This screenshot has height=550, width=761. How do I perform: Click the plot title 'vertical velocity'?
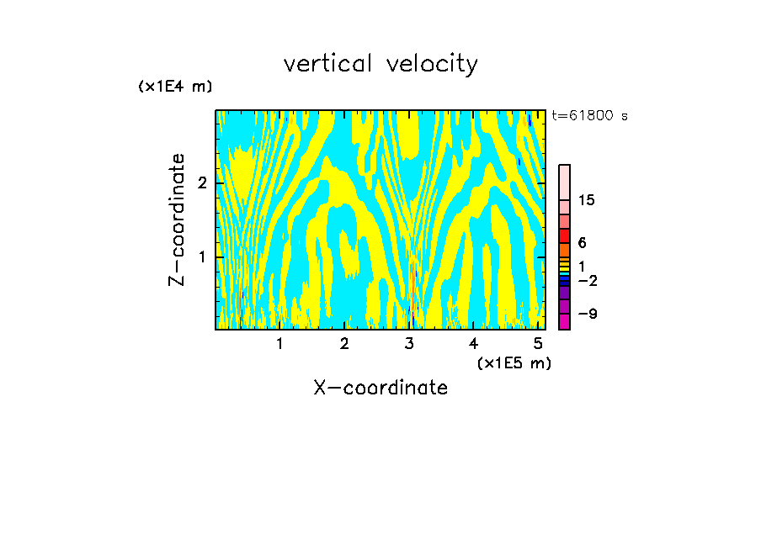click(x=380, y=64)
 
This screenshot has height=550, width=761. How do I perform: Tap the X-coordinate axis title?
click(x=380, y=388)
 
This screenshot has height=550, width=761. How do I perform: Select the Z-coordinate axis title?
click(x=177, y=219)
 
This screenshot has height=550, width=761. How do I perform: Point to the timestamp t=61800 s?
click(x=589, y=116)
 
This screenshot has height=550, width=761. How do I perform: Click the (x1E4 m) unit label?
click(x=175, y=87)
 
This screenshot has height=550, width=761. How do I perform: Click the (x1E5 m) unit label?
click(x=514, y=362)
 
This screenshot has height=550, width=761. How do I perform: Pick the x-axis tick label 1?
click(x=280, y=343)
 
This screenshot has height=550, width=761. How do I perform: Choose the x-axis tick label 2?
click(x=344, y=343)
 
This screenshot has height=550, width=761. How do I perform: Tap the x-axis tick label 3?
click(x=409, y=343)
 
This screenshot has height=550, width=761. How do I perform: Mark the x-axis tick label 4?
click(x=474, y=343)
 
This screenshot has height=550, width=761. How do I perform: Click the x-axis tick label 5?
click(x=538, y=343)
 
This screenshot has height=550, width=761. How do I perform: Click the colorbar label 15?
click(x=587, y=200)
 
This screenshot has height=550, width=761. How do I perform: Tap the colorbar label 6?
click(x=582, y=243)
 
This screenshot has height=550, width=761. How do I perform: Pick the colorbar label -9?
click(x=587, y=314)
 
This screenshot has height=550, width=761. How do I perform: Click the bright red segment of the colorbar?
click(x=564, y=235)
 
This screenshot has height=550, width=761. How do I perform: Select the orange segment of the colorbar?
click(x=564, y=250)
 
